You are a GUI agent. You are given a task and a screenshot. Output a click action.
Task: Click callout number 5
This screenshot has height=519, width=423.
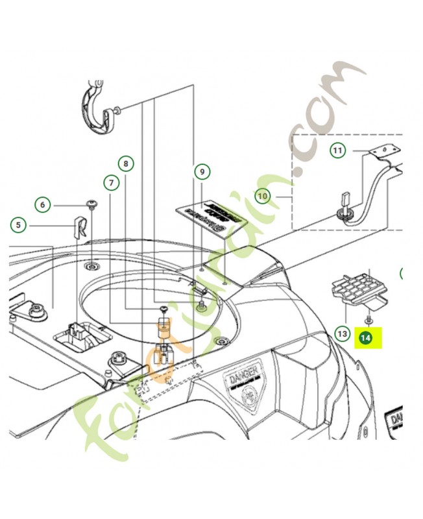pos(19,226)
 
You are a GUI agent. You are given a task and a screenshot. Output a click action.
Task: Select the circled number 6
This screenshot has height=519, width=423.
pos(43,205)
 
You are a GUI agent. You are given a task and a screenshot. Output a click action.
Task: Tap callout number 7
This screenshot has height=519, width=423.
pos(112,184)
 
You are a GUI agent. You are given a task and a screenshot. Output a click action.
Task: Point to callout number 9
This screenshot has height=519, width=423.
pos(202,171)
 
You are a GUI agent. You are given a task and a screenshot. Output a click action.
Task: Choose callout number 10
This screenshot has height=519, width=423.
pos(263,195)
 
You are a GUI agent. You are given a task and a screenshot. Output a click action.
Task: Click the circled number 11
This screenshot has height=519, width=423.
pos(337,151)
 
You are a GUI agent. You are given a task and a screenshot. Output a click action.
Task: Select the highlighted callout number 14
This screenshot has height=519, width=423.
pos(366,337)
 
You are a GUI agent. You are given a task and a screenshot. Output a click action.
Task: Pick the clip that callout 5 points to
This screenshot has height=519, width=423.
pos(80,228)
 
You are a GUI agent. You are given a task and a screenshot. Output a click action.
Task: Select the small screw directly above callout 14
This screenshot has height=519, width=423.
pos(368,320)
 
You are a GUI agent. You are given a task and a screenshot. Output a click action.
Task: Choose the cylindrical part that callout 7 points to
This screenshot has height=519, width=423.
pos(163,324)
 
